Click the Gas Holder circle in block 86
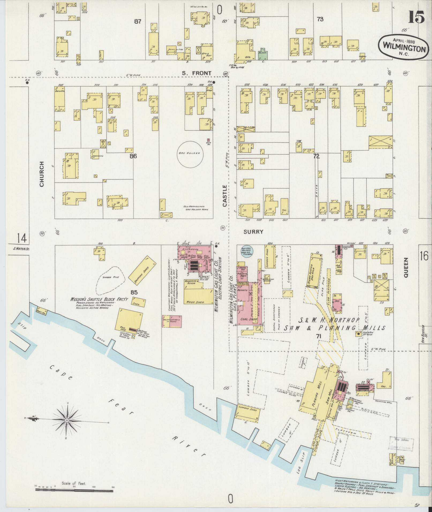click(x=190, y=155)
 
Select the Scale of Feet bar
click(x=75, y=489)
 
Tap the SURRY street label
click(x=253, y=232)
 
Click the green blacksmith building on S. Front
click(x=262, y=55)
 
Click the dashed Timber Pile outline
click(x=110, y=279)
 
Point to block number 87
click(x=137, y=22)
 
